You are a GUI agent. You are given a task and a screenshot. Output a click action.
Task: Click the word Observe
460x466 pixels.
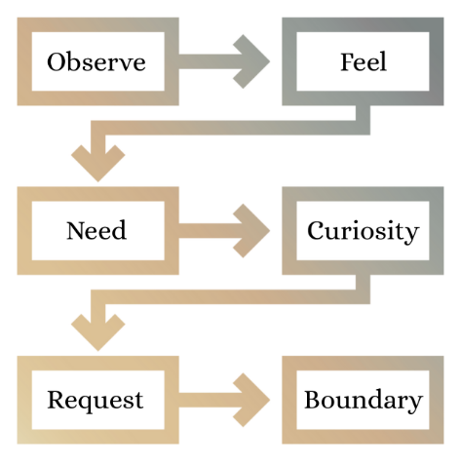pyautogui.click(x=96, y=61)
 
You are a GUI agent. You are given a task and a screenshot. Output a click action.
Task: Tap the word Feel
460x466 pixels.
pyautogui.click(x=364, y=61)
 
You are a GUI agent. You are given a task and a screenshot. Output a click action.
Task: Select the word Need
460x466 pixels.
pyautogui.click(x=96, y=230)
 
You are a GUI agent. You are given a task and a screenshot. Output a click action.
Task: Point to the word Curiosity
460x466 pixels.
pyautogui.click(x=364, y=231)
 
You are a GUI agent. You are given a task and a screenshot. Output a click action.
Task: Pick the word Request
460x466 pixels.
pyautogui.click(x=96, y=401)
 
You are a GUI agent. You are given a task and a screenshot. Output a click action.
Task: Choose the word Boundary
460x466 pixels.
pyautogui.click(x=364, y=401)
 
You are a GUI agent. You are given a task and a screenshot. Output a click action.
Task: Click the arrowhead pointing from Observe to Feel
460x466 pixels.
pyautogui.click(x=251, y=61)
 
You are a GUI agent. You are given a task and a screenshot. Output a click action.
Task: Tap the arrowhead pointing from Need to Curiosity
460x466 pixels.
pyautogui.click(x=251, y=231)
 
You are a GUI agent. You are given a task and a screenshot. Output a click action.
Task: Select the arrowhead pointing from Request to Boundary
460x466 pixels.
pyautogui.click(x=251, y=400)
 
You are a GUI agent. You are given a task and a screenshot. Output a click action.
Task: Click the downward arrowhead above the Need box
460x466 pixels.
pyautogui.click(x=98, y=163)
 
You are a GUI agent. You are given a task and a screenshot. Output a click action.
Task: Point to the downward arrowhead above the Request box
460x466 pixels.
pyautogui.click(x=98, y=332)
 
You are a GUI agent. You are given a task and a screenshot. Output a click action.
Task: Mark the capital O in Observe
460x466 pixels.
pyautogui.click(x=56, y=61)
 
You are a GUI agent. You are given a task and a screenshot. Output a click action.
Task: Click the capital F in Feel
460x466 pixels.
pyautogui.click(x=347, y=61)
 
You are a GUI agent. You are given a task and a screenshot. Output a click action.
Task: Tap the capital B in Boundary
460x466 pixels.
pyautogui.click(x=313, y=400)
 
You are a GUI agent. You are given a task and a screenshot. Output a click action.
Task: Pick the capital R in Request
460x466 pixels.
pyautogui.click(x=57, y=400)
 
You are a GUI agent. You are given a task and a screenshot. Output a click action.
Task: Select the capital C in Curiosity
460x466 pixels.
pyautogui.click(x=316, y=230)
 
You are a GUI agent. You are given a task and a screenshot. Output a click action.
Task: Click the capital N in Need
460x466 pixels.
pyautogui.click(x=77, y=230)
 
